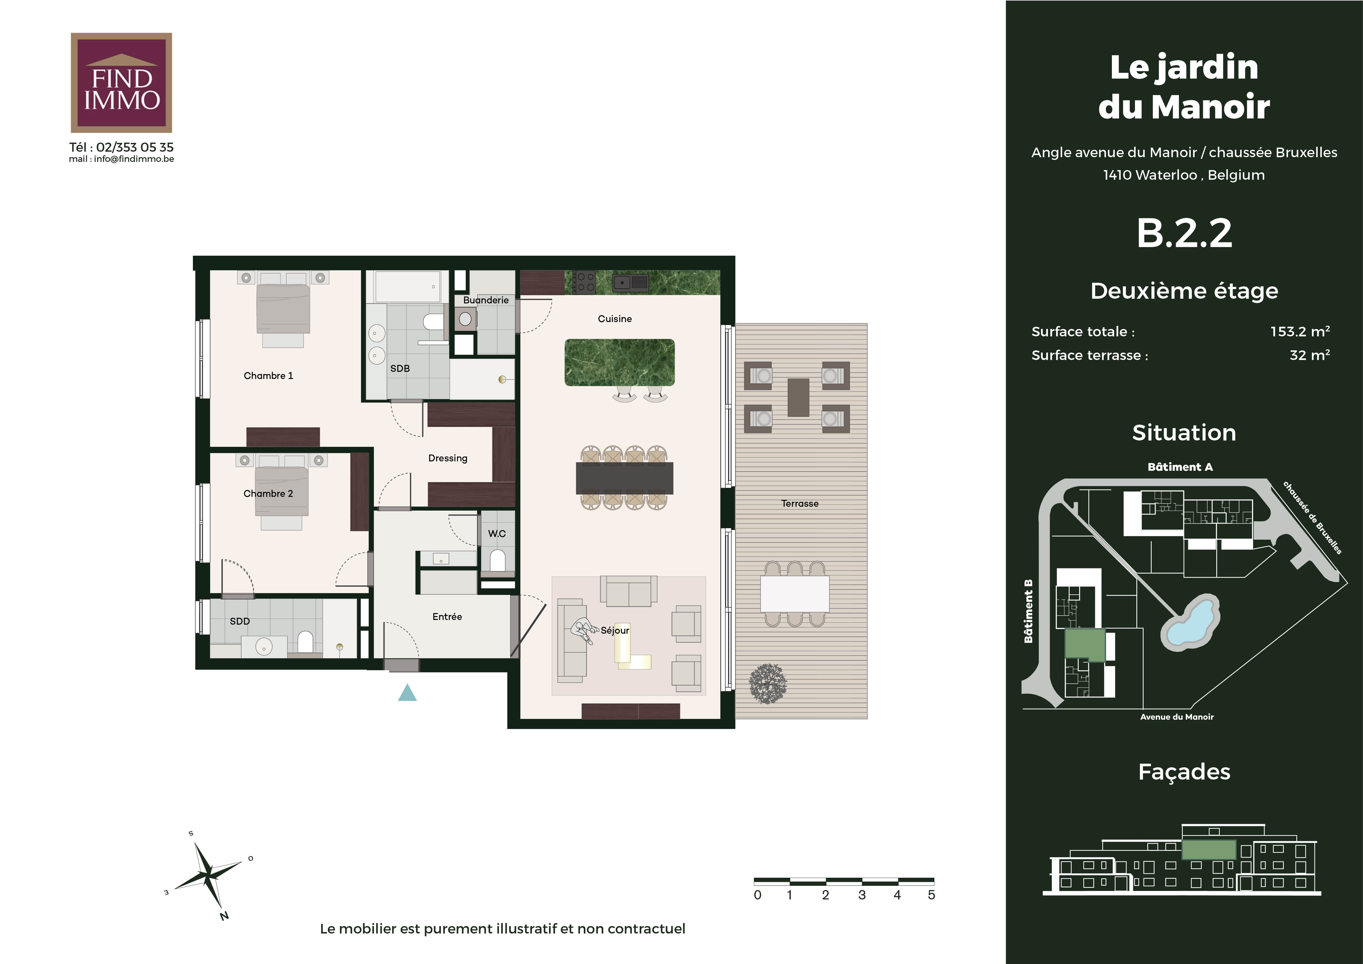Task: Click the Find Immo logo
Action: click(121, 82)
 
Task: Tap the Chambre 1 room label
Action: click(268, 376)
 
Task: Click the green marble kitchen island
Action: click(619, 362)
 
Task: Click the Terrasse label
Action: click(800, 503)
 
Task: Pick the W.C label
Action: click(497, 534)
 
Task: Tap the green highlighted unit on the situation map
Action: click(1085, 644)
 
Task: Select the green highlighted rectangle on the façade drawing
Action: click(1209, 849)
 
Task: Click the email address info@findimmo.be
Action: click(134, 159)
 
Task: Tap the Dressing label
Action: click(448, 458)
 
